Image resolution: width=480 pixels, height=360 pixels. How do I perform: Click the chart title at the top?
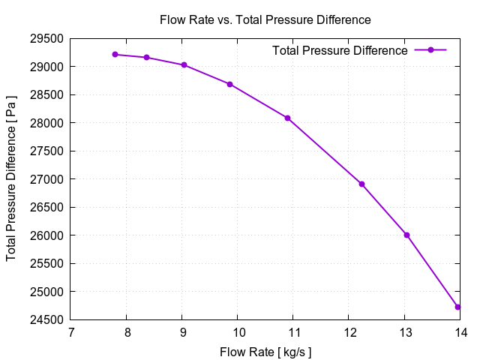[x=265, y=19]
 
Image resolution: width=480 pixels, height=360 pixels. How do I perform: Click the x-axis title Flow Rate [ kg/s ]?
[x=265, y=351]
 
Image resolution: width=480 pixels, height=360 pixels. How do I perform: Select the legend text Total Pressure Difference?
[x=340, y=50]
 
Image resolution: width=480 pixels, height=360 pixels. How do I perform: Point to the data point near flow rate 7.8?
[x=115, y=54]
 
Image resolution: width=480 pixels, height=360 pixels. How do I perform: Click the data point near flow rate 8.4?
[x=147, y=58]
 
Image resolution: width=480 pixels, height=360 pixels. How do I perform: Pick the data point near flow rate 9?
[x=184, y=65]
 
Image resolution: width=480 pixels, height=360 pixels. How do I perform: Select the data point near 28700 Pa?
[x=229, y=84]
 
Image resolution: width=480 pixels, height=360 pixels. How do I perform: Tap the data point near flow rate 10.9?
[x=287, y=118]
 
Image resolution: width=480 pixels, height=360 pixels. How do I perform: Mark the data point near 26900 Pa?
[x=361, y=184]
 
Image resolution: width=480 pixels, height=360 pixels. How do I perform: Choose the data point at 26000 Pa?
[x=406, y=235]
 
